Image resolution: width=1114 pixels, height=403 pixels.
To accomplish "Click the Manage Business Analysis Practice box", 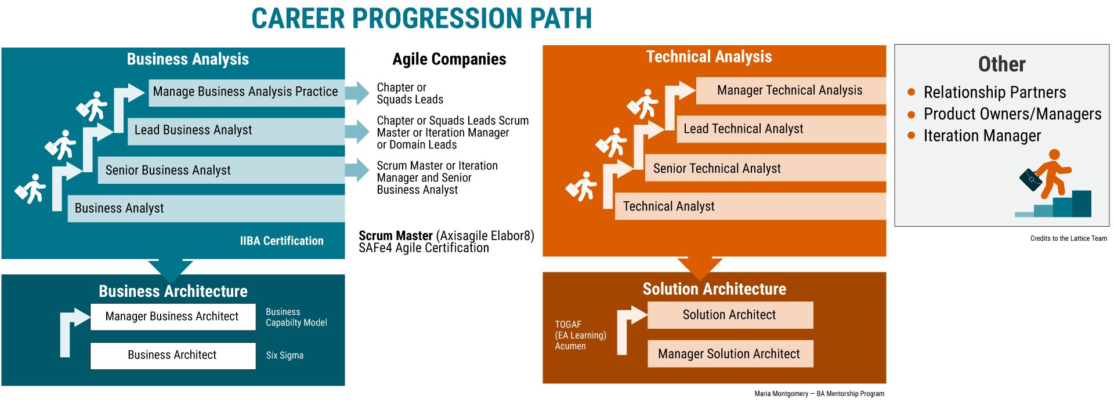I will [245, 92].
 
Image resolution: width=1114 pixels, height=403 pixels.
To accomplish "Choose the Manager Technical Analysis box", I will [790, 90].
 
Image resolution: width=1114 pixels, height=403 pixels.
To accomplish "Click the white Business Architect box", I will [172, 355].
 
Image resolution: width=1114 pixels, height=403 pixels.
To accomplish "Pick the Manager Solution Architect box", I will [729, 354].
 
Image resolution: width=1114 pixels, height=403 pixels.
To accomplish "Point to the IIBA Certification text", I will [282, 241].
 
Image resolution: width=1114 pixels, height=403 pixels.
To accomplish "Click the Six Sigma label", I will [284, 355].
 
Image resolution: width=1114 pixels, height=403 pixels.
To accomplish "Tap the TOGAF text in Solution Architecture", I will [568, 324].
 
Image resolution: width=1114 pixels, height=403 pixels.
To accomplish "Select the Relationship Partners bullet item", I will [994, 92].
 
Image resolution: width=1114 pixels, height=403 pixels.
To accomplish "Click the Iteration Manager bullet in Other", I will [982, 136].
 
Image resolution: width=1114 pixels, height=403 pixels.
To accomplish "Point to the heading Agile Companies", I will [449, 59].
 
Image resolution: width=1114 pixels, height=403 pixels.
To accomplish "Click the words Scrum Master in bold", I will [396, 236].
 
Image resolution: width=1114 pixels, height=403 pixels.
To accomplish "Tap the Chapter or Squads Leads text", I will [410, 93].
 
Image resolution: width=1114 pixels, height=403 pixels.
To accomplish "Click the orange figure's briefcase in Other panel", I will [1030, 180].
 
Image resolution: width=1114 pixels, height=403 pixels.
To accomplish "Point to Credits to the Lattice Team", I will [1068, 238].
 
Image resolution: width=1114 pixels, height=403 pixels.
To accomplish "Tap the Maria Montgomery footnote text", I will [819, 394].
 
